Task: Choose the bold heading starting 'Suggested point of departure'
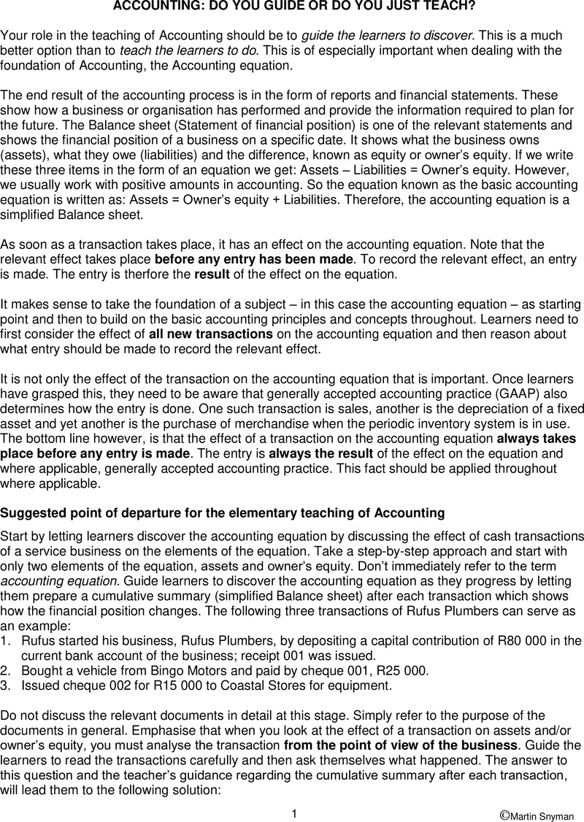pos(222,513)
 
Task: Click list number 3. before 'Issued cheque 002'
pos(6,685)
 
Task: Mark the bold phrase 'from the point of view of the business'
pos(401,745)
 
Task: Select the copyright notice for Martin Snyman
pos(539,813)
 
